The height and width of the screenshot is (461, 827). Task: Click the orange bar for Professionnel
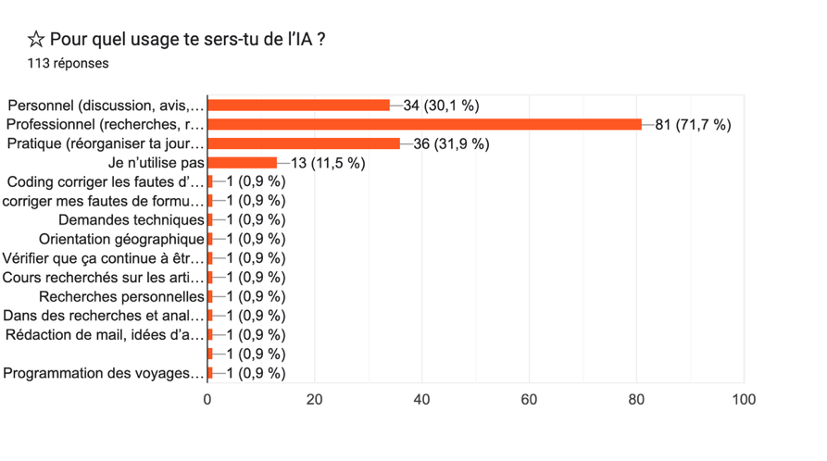(x=424, y=124)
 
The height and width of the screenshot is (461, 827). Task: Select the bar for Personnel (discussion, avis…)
(x=298, y=105)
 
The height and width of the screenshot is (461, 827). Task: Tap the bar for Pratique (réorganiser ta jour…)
(x=304, y=143)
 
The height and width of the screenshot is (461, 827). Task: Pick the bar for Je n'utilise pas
(x=242, y=163)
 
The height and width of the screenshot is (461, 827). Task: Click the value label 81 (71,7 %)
(x=693, y=125)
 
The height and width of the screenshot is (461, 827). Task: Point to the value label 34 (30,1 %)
(x=441, y=106)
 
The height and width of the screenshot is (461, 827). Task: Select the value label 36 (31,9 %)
(x=452, y=144)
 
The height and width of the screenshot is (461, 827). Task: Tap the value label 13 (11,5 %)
(x=328, y=164)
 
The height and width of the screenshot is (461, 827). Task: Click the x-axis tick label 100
(x=744, y=400)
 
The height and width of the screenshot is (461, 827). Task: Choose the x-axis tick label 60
(x=529, y=400)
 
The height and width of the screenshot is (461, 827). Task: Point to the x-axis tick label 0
(x=207, y=400)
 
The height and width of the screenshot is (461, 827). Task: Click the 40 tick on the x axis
(x=421, y=400)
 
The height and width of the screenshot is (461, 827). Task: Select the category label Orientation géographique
(x=121, y=240)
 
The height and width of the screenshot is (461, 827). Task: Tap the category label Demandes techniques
(x=131, y=220)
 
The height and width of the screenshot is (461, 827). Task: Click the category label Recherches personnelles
(x=121, y=297)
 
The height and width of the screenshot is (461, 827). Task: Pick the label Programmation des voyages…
(x=104, y=374)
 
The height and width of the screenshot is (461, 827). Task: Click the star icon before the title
(x=36, y=40)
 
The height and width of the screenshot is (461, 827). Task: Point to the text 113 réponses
(x=68, y=64)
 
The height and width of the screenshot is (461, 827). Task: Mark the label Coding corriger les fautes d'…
(x=104, y=181)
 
